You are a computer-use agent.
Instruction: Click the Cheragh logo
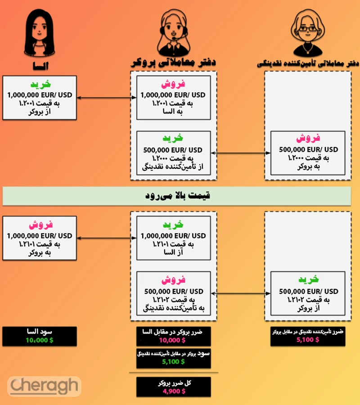click(44, 386)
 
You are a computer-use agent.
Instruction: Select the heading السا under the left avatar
click(38, 66)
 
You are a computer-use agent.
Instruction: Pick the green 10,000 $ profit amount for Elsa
click(39, 340)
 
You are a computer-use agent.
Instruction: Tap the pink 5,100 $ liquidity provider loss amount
click(308, 340)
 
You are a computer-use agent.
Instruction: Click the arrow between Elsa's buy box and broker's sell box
click(106, 98)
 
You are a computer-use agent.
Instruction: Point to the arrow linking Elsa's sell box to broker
click(106, 238)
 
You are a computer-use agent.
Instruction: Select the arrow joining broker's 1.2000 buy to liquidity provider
click(240, 153)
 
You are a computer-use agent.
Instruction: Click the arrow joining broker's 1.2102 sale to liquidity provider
click(240, 294)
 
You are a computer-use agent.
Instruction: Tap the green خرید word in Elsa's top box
click(40, 85)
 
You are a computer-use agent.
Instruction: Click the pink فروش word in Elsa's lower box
click(40, 225)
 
